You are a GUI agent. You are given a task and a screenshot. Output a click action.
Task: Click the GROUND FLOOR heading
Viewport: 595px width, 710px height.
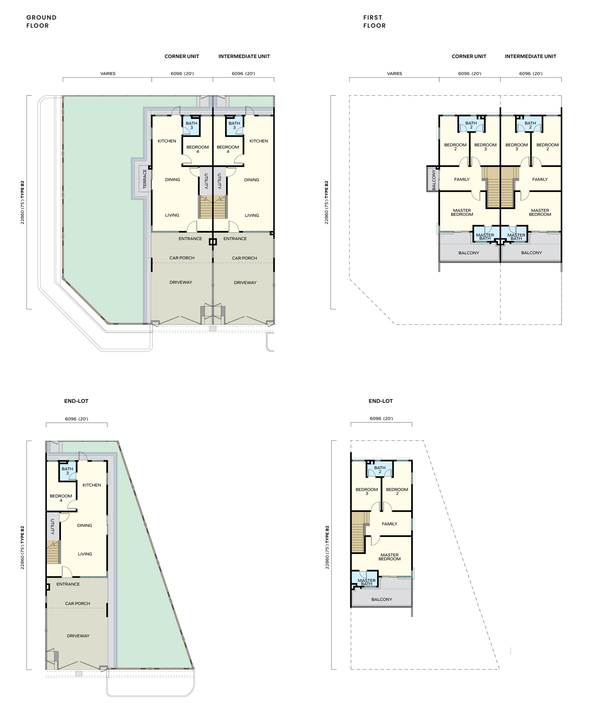(x=41, y=22)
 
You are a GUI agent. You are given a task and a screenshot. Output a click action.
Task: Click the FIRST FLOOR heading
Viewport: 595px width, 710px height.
(x=374, y=22)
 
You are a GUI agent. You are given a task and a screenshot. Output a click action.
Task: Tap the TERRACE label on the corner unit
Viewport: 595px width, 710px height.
(x=145, y=179)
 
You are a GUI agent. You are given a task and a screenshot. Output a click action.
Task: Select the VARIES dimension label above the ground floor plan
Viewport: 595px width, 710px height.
(x=108, y=74)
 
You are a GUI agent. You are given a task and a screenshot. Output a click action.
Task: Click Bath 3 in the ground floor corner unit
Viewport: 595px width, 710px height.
(x=192, y=126)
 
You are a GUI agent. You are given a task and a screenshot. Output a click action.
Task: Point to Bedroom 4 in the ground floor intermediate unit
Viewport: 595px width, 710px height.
(x=228, y=149)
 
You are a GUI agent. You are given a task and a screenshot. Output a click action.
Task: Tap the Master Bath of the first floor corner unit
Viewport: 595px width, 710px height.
(x=485, y=237)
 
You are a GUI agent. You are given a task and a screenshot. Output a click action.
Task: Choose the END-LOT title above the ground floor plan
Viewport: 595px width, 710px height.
(x=76, y=401)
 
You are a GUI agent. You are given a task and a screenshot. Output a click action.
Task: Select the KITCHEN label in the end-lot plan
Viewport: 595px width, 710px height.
(x=92, y=485)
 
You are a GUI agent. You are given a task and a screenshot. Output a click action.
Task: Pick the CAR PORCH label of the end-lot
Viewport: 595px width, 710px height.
(x=77, y=603)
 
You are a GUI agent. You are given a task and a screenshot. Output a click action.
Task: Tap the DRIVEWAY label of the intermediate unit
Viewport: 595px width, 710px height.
(x=245, y=282)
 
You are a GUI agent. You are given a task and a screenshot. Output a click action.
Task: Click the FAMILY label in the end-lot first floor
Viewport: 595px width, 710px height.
(x=389, y=524)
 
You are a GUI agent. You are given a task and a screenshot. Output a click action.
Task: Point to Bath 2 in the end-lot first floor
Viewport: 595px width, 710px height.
(x=380, y=470)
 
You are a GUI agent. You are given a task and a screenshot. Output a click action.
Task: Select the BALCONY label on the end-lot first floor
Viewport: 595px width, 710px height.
(x=382, y=599)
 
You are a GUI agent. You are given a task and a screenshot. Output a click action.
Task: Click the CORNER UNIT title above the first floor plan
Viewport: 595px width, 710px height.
(x=469, y=56)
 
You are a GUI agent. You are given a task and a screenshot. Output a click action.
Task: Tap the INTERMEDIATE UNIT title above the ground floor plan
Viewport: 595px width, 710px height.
(x=244, y=56)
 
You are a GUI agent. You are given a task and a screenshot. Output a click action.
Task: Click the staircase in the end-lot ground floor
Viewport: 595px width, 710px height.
(x=53, y=552)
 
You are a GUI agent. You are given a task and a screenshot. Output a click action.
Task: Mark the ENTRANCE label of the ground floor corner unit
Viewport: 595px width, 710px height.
(x=190, y=239)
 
